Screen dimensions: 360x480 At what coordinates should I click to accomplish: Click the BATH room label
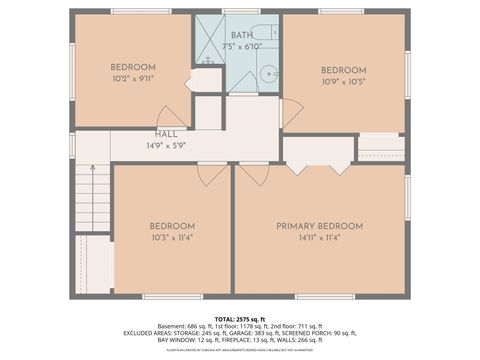click(242, 35)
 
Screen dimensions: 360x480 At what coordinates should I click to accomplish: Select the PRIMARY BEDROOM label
click(319, 226)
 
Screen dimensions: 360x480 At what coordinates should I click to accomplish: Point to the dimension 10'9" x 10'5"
click(342, 82)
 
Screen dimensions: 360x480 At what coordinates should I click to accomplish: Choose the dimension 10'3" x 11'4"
click(172, 238)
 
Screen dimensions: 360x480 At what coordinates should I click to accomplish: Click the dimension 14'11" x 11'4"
click(319, 238)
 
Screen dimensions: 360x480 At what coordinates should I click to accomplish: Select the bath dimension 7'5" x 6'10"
click(242, 46)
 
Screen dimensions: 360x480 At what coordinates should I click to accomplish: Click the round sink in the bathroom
click(268, 74)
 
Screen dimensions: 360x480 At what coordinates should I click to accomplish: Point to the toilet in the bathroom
click(263, 31)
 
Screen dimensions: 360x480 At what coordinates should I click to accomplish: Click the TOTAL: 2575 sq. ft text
click(239, 317)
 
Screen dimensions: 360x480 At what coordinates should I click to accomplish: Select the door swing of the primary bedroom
click(254, 175)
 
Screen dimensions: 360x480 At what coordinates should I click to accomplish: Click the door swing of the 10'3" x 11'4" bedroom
click(212, 175)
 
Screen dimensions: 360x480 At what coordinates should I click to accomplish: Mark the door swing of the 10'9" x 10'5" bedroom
click(291, 113)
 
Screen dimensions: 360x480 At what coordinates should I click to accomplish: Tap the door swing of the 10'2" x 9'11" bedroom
click(171, 117)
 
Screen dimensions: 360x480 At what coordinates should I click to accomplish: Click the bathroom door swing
click(242, 84)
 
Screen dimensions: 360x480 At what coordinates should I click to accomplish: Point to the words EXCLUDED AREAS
click(149, 332)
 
